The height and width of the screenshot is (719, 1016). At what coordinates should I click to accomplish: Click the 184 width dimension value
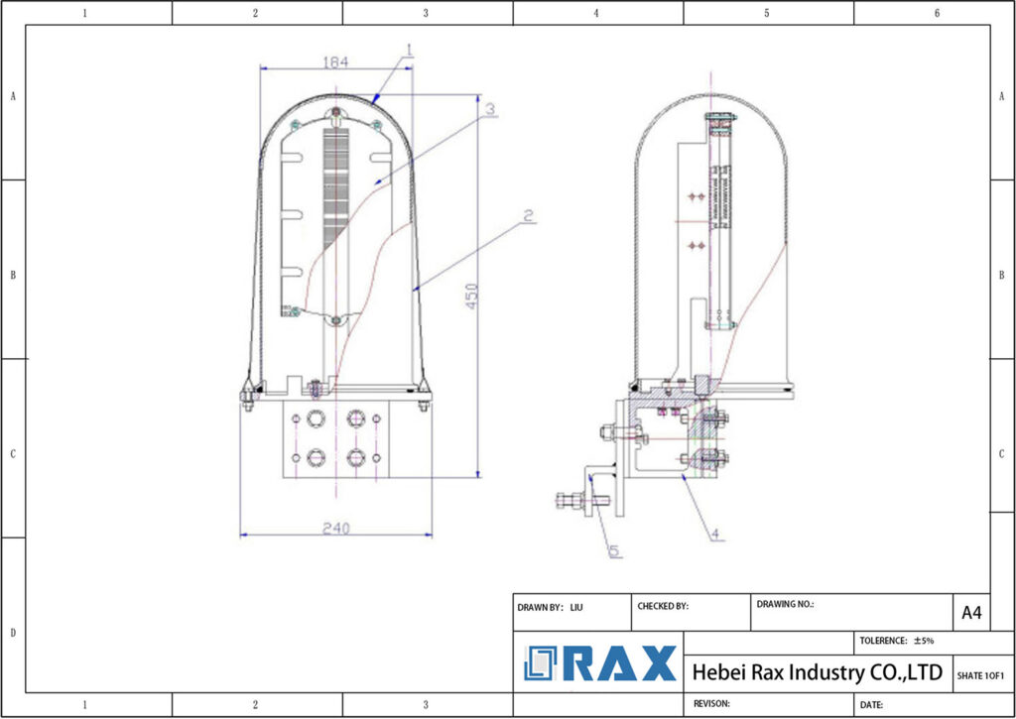pos(335,61)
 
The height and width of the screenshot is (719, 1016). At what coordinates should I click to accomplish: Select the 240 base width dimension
pos(336,528)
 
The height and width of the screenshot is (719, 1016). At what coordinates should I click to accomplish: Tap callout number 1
pos(410,49)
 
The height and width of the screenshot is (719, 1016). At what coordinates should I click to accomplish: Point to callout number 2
pos(529,215)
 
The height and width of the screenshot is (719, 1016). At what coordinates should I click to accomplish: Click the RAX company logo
pos(600,663)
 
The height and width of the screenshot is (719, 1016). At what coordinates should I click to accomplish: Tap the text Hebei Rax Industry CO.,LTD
pos(817,672)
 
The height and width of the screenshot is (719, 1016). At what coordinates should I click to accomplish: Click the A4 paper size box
pos(971,613)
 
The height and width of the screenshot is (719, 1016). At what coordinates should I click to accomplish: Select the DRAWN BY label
pos(541,606)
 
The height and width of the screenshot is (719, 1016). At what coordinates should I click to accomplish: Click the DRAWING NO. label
pos(785,603)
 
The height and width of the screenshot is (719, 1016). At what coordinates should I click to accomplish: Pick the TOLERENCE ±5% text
pos(897,641)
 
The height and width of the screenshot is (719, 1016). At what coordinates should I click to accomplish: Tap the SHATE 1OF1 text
pos(980,675)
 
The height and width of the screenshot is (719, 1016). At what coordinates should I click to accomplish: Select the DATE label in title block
pos(871,704)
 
